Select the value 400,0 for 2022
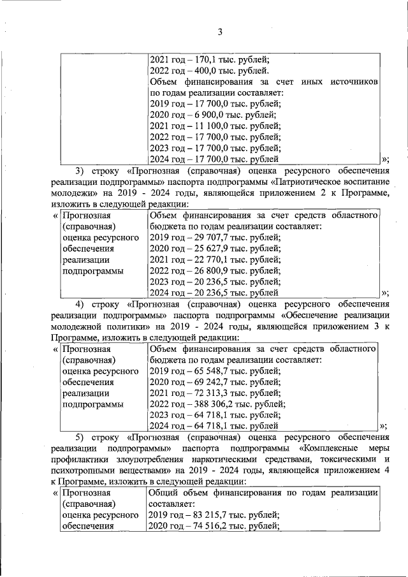[203, 71]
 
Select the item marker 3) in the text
[80, 171]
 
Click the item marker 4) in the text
[80, 303]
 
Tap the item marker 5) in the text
[80, 437]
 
